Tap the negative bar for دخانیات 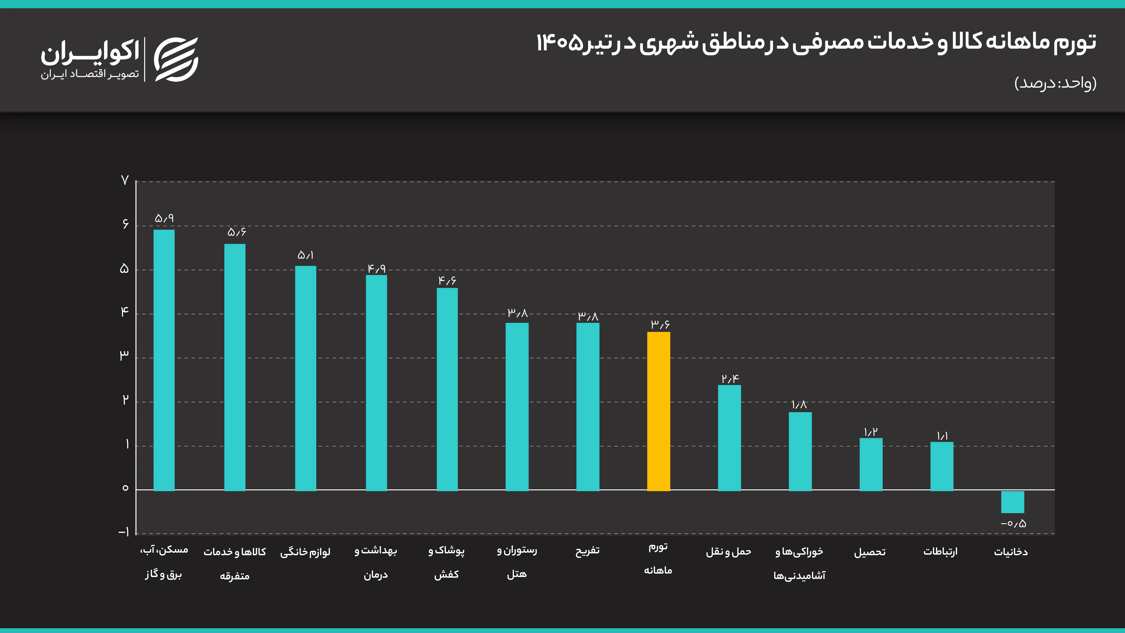coord(1012,502)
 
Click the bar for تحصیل coord(871,464)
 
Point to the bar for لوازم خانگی coord(306,378)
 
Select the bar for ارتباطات coord(942,467)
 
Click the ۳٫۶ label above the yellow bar coord(660,324)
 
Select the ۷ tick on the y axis coord(125,180)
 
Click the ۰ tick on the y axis coord(125,488)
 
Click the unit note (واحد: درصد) coord(1055,83)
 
